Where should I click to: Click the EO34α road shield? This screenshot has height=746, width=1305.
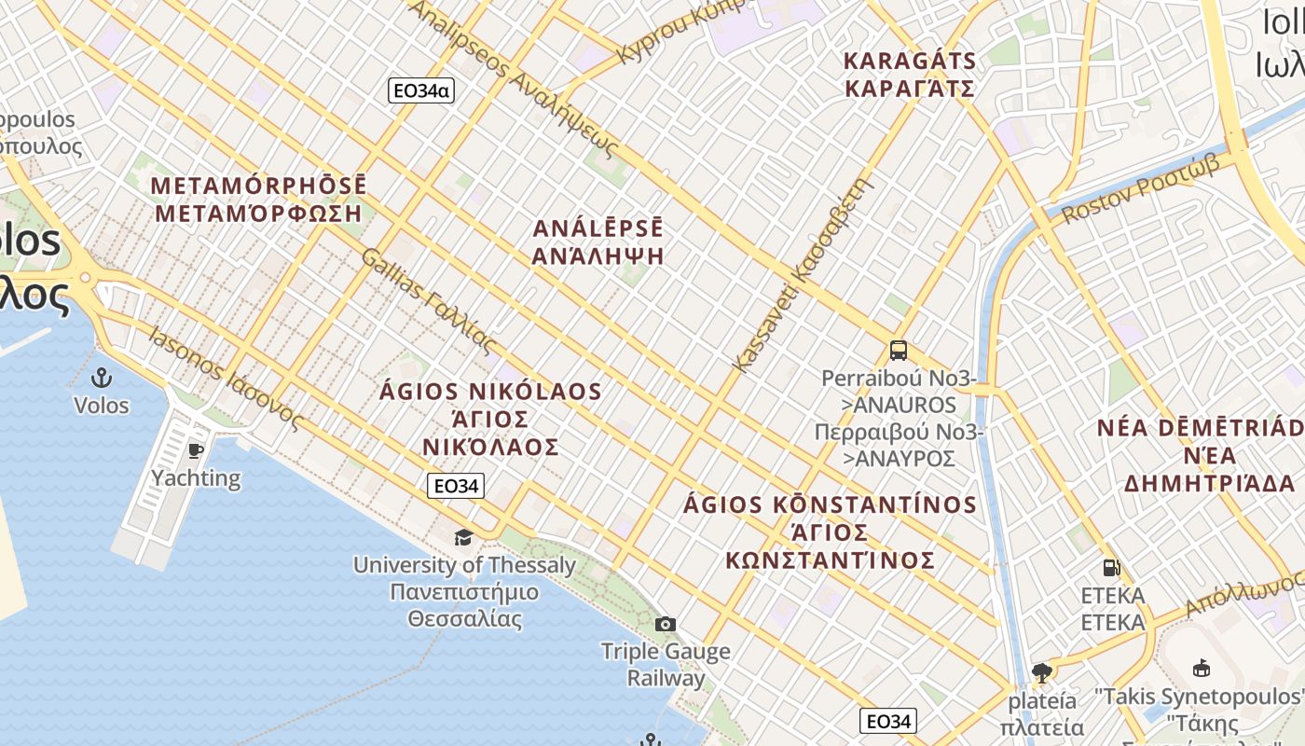point(420,90)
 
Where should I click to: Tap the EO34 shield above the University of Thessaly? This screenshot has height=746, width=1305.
point(456,486)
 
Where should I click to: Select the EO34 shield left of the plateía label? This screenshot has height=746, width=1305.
point(887,721)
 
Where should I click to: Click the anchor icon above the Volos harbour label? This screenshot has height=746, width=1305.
point(101,378)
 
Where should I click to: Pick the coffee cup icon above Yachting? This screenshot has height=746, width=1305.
point(196,451)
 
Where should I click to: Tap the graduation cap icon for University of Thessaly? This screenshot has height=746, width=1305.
point(463,537)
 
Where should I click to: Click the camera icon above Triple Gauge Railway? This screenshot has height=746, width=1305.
point(665,624)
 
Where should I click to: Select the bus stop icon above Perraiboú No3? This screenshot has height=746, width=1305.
point(899,351)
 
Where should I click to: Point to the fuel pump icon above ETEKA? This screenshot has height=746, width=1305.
point(1111,568)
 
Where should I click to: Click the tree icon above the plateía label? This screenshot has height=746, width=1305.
point(1042,672)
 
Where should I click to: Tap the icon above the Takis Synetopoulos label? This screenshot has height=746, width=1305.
point(1202,668)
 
